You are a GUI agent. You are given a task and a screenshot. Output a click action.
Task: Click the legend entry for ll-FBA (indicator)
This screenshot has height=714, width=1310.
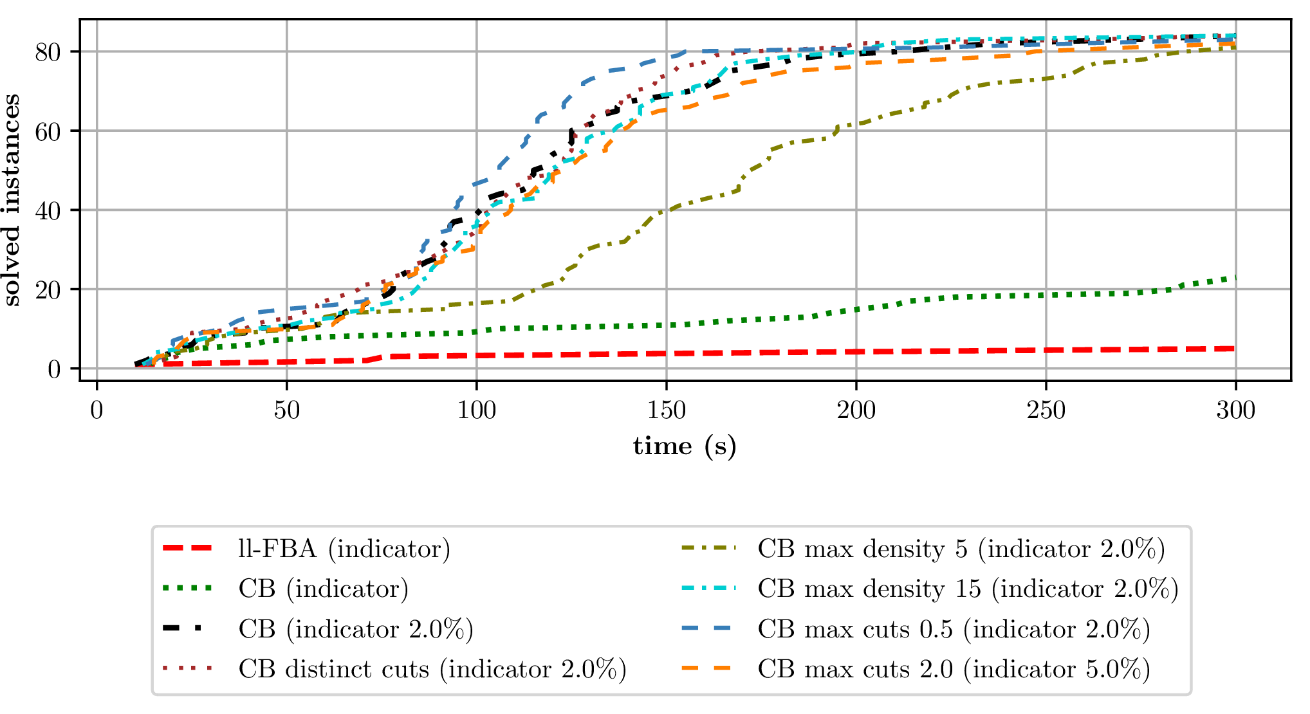344,549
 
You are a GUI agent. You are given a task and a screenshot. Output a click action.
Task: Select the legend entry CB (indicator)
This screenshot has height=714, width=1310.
323,589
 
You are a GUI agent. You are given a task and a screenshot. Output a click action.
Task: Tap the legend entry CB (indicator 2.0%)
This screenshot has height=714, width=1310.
355,629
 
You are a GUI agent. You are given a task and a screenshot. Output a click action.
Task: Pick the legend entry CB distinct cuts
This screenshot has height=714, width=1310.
432,669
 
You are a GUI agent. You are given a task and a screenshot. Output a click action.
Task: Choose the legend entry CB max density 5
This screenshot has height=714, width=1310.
961,549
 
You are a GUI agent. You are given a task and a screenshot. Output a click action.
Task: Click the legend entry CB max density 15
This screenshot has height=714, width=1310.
967,589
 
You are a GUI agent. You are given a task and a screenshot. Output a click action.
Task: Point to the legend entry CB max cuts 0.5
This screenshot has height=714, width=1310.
954,629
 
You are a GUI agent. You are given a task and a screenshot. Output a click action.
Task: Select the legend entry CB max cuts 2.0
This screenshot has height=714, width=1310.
954,669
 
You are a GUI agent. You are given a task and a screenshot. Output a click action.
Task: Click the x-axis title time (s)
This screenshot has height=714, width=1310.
685,446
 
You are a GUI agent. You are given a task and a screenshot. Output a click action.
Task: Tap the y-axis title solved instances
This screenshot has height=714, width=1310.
12,200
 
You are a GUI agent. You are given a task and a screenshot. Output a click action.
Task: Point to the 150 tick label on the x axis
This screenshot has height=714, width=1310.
666,410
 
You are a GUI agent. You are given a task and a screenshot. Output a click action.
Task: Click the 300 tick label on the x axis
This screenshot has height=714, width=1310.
1235,410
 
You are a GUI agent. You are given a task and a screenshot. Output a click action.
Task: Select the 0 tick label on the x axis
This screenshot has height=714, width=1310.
97,410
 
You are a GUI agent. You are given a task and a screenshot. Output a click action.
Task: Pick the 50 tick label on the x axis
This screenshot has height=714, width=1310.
286,410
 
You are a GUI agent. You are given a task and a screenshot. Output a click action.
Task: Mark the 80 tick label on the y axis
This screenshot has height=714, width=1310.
48,52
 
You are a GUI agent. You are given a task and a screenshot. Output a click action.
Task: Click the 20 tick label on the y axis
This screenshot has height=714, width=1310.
48,289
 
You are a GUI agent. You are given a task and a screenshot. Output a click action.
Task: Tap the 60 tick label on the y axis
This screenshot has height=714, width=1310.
48,131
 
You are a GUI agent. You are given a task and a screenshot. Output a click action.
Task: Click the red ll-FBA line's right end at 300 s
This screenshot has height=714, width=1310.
1235,349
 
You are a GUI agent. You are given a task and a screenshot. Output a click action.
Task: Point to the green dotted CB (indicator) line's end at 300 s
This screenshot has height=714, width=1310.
1235,278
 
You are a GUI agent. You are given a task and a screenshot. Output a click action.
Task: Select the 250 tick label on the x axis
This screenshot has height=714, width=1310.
1046,410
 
